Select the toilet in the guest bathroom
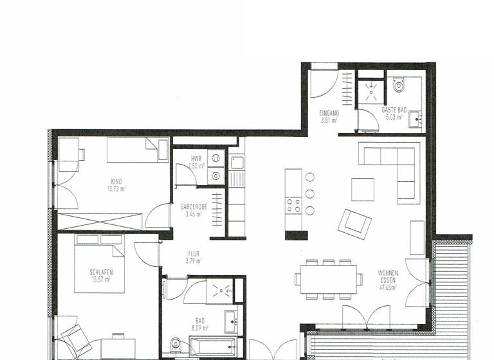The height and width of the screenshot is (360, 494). coord(399,85)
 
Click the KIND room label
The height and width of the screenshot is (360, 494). coord(116,181)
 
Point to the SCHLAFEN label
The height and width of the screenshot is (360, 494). coord(102,272)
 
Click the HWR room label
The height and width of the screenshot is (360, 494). coord(197,158)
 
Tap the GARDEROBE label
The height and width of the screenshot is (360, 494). coord(192,208)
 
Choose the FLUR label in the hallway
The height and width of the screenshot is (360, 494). coord(194,253)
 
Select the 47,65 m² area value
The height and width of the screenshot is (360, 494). coord(388,289)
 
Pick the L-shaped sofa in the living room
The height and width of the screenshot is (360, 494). coord(392,166)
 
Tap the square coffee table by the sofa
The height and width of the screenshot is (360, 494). coord(362,189)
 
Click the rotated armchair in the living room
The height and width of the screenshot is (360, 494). coord(354,223)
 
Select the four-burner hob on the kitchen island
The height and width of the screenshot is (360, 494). coord(293,206)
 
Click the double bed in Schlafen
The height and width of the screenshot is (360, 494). coord(99,264)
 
